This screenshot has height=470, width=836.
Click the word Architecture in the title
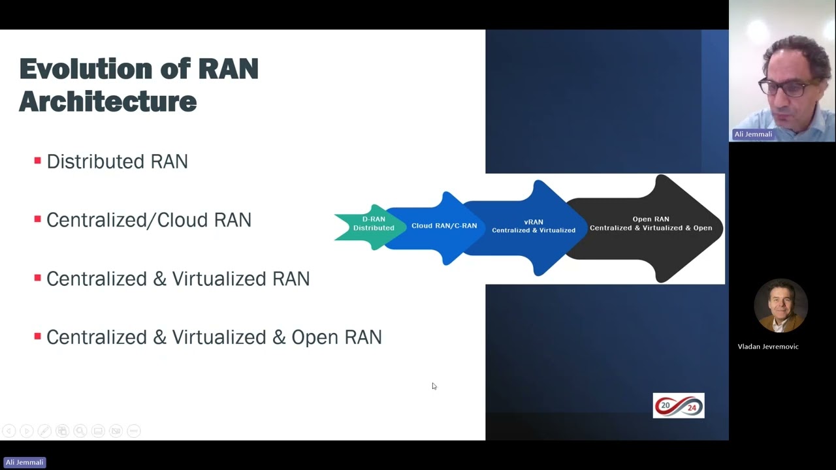(108, 102)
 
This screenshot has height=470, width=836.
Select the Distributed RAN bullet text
(117, 161)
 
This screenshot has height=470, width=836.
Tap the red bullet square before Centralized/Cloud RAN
(37, 219)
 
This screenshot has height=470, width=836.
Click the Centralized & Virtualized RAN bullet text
(178, 279)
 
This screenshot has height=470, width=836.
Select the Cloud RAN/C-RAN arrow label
(444, 226)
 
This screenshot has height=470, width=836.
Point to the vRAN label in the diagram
(534, 222)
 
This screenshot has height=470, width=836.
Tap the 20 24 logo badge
(679, 405)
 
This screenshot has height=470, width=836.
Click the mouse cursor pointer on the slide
(434, 386)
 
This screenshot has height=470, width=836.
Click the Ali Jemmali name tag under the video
(753, 134)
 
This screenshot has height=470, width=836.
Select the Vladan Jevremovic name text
(768, 347)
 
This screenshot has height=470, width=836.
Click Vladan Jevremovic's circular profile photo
(780, 305)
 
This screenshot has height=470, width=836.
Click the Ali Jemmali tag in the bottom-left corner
(24, 462)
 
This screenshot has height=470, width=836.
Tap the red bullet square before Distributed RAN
(37, 161)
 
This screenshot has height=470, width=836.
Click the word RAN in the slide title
(228, 69)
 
